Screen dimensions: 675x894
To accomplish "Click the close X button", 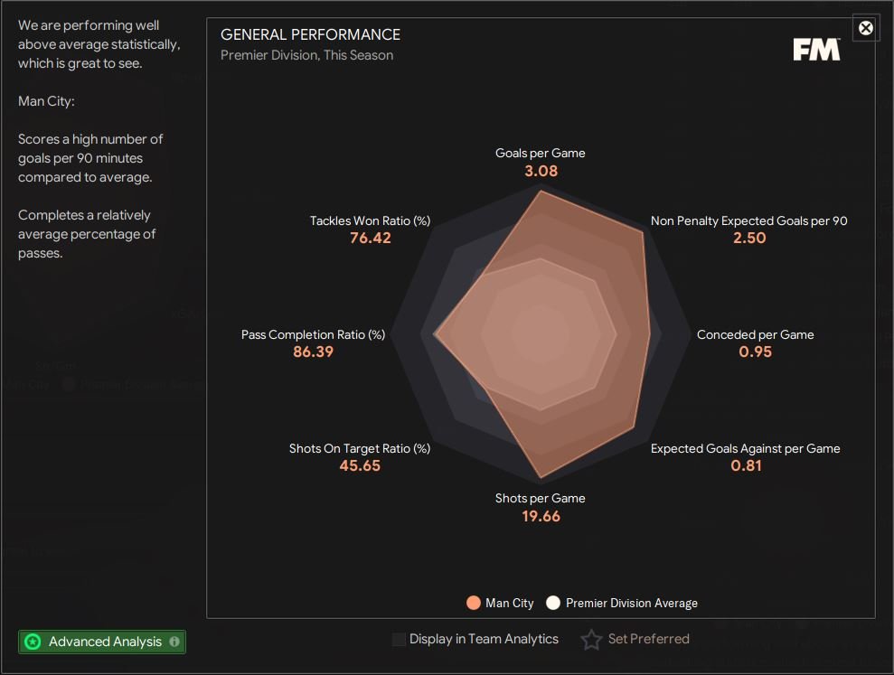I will point(866,28).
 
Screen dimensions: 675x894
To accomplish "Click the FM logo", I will point(816,50).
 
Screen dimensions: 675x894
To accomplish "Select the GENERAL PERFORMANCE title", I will point(310,35).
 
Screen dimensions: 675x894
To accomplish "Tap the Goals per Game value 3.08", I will point(541,171).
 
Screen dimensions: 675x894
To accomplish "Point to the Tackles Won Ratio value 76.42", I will point(371,238).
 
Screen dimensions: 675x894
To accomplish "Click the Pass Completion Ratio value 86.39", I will point(313,352).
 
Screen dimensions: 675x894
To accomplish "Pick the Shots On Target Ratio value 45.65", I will point(360,465).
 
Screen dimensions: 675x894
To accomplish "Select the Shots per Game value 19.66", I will point(541,516).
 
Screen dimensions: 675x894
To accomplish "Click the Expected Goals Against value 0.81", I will point(747,465).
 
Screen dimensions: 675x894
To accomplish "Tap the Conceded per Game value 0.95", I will point(756,352).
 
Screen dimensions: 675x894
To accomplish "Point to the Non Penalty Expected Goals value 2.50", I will point(750,238).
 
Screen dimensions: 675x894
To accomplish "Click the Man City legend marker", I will point(473,603).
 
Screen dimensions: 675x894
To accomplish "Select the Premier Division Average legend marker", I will point(553,603).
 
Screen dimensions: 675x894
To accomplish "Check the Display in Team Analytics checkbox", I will point(399,640).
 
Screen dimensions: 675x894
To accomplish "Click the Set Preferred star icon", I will point(591,640).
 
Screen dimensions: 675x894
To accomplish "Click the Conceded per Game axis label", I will point(755,334).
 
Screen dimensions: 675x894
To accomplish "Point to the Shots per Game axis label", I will point(541,498).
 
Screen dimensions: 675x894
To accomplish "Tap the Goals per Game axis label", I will point(541,153).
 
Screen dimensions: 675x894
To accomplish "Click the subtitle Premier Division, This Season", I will point(306,55).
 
